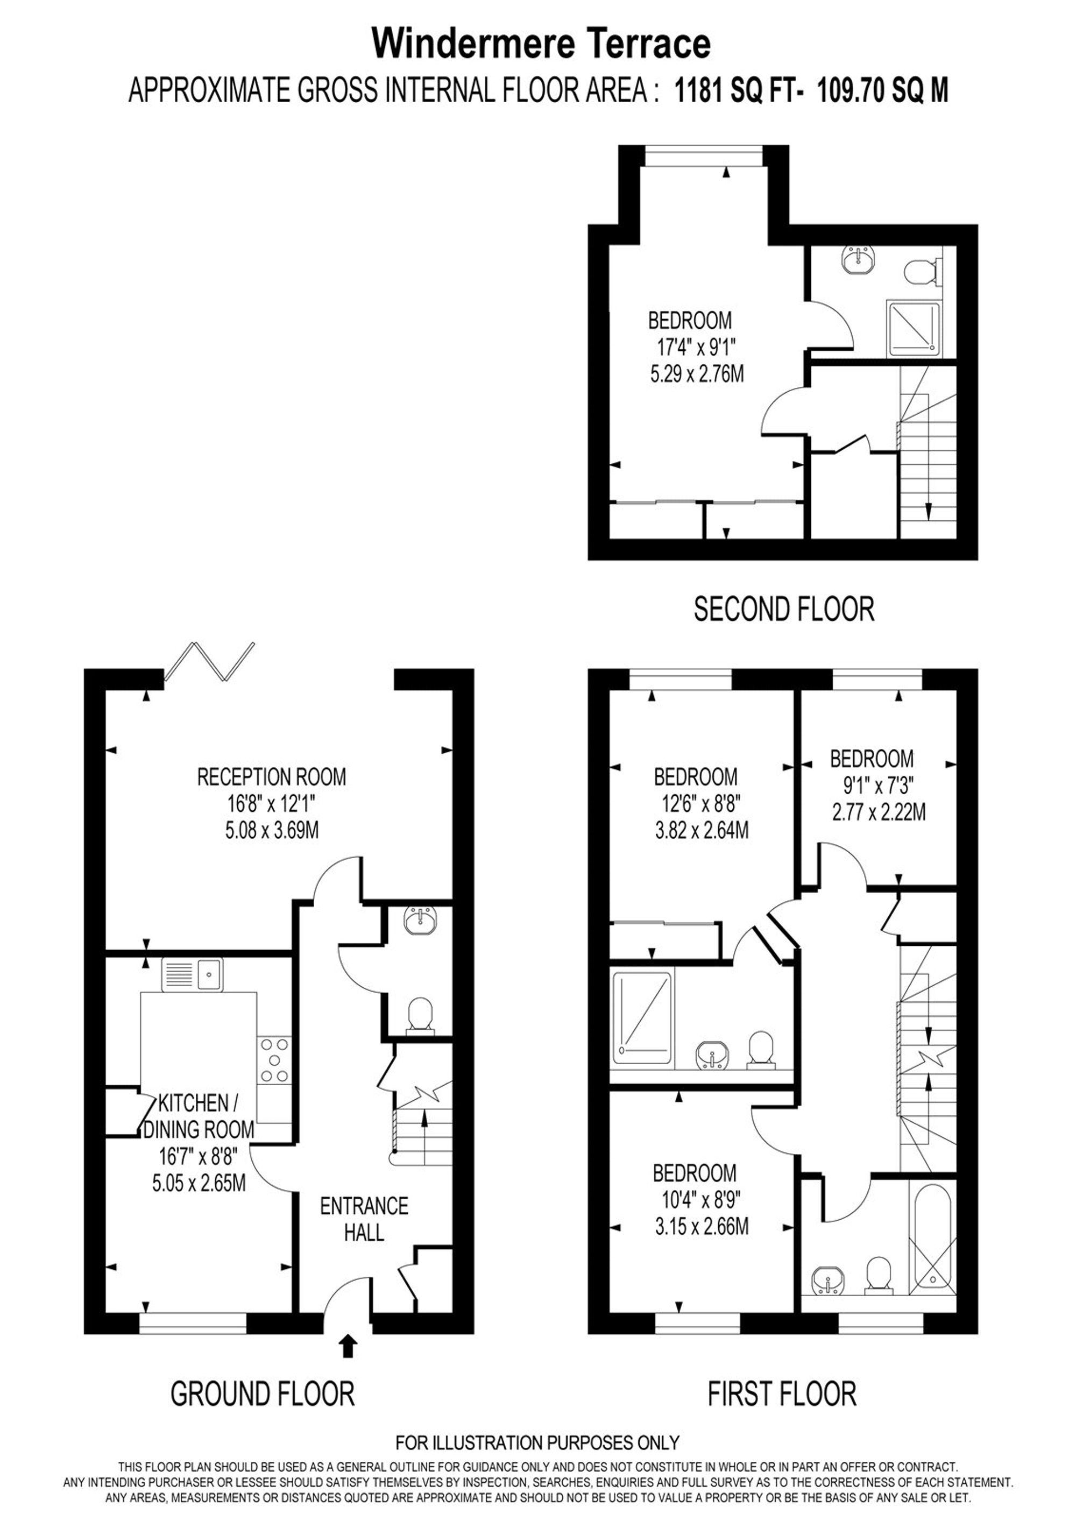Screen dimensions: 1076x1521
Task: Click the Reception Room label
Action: tap(272, 776)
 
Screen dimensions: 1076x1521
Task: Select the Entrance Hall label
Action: tap(364, 1219)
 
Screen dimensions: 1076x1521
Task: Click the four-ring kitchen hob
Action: tap(274, 1059)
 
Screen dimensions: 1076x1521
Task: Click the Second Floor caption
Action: tap(784, 609)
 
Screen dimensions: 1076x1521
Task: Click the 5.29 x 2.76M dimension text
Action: tap(697, 374)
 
